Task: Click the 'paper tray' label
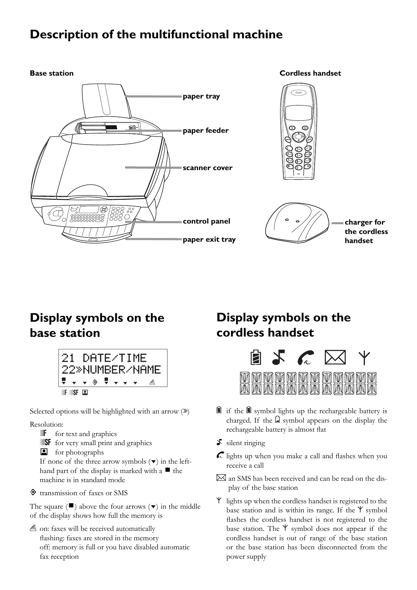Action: point(201,96)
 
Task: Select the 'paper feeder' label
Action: point(205,131)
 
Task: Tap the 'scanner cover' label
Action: point(207,168)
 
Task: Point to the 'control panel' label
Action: point(206,221)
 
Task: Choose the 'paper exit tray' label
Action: point(209,239)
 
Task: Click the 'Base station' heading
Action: point(51,73)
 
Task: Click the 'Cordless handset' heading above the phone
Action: point(310,73)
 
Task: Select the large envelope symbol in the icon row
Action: point(335,358)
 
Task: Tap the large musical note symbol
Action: point(278,358)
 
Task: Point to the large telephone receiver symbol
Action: point(306,358)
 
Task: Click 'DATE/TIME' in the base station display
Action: point(114,358)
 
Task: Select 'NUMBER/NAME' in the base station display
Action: point(121,370)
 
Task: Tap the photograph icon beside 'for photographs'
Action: point(45,452)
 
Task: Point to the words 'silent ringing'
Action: point(245,443)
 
